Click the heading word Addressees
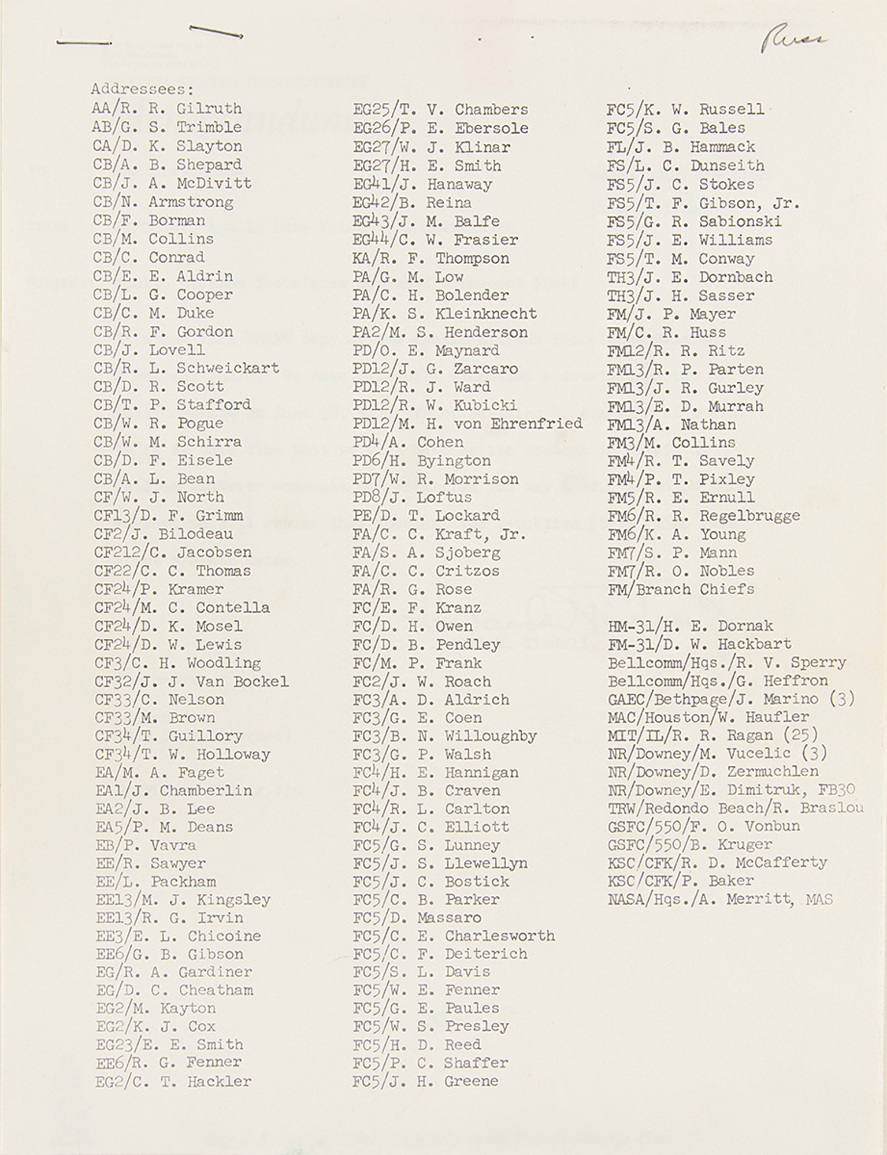pyautogui.click(x=142, y=90)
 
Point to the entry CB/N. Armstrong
pyautogui.click(x=164, y=202)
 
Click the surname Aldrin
pyautogui.click(x=205, y=276)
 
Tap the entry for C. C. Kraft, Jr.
pyautogui.click(x=439, y=534)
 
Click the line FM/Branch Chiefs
pyautogui.click(x=681, y=589)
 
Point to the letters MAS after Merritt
pyautogui.click(x=819, y=899)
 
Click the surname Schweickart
pyautogui.click(x=228, y=368)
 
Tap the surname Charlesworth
pyautogui.click(x=499, y=936)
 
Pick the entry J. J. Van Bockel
pyautogui.click(x=191, y=681)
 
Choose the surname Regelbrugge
pyautogui.click(x=749, y=516)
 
